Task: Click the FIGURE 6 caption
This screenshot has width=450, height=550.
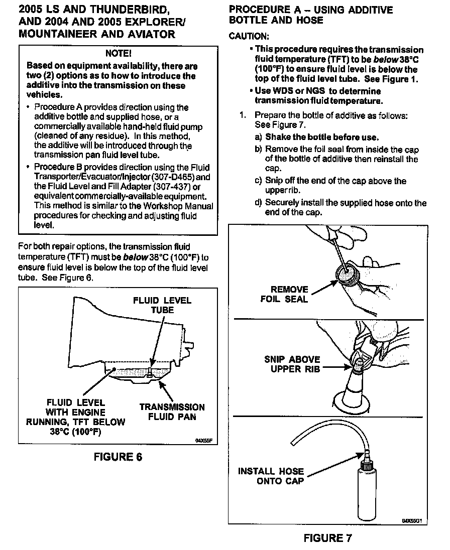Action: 118,457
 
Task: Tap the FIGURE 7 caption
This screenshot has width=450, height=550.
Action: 328,538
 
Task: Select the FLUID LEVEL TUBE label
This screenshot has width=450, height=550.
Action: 162,305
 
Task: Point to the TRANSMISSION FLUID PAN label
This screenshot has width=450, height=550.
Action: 172,411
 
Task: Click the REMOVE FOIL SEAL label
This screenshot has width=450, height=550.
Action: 284,294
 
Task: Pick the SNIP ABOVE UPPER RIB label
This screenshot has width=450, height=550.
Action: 292,364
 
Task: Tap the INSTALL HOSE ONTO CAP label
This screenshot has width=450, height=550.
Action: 271,476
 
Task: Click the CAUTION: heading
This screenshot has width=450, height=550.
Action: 249,37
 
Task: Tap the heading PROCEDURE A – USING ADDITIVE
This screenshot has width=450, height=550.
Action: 310,10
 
